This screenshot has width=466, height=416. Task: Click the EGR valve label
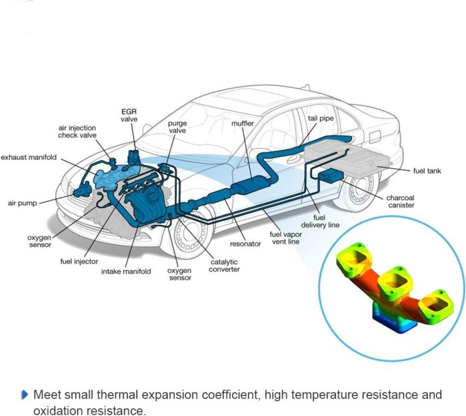coord(129,115)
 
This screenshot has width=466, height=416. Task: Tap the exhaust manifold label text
coord(29,157)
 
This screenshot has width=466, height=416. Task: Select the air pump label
coord(22,203)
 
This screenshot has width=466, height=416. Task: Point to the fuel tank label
coord(427,171)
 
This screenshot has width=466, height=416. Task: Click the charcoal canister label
coord(401,202)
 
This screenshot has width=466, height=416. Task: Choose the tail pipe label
coord(321,118)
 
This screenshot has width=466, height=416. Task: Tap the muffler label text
coord(243,123)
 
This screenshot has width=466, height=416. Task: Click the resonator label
coord(245,244)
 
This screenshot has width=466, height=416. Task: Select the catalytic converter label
coord(224,266)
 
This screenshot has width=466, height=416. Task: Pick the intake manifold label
coord(126,272)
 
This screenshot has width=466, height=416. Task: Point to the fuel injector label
coord(79,262)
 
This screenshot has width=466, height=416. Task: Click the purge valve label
coord(177,127)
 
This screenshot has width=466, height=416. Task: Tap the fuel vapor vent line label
coord(285,238)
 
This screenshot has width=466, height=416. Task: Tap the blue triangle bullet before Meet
coord(25,395)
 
